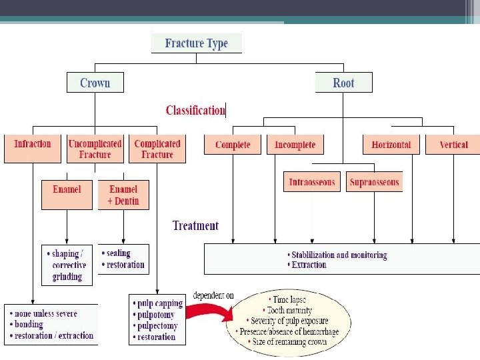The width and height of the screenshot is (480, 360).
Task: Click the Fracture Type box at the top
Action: tap(196, 43)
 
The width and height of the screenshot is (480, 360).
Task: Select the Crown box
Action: tap(95, 83)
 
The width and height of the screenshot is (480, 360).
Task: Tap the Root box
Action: tap(343, 83)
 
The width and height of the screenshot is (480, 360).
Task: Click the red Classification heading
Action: tap(195, 110)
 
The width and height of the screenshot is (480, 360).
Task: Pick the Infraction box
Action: tap(33, 148)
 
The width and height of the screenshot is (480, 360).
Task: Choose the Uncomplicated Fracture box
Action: tap(95, 148)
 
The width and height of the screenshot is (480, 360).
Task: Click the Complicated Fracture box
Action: tap(157, 148)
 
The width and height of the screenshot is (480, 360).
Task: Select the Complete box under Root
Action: tap(233, 145)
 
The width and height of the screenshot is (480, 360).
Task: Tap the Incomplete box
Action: tap(295, 145)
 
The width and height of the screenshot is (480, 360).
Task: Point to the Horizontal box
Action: tap(391, 145)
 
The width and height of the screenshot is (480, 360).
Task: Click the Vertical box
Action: tap(453, 145)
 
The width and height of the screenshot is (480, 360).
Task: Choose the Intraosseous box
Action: tap(312, 182)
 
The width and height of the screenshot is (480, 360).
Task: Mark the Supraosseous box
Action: tap(374, 182)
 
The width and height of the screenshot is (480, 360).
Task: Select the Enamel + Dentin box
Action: tap(123, 195)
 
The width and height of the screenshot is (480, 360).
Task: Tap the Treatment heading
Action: tap(195, 225)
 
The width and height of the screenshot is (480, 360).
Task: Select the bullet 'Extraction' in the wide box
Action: tap(309, 265)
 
